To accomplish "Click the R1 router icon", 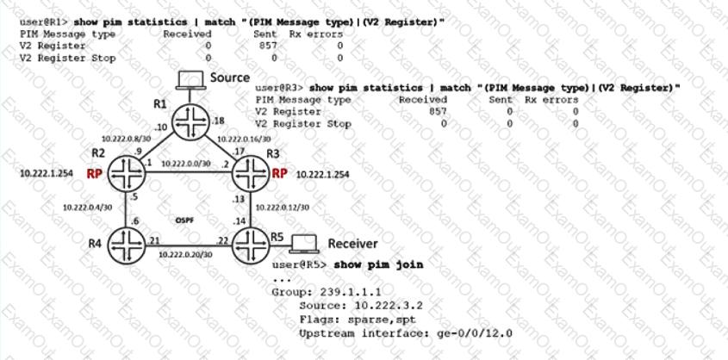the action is point(190,122).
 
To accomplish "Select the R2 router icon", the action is point(127,172).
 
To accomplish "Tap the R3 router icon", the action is point(251,173).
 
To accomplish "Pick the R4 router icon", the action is point(127,244).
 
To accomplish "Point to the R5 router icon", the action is point(251,244).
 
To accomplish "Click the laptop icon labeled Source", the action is point(190,80).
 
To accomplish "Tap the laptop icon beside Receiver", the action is point(304,244).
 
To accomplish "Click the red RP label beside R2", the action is point(94,173).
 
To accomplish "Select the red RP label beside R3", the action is point(279,173).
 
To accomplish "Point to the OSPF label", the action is point(184,220).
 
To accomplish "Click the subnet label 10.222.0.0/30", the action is point(186,164).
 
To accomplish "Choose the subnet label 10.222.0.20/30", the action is point(186,254).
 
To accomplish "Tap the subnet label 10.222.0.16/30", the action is point(244,139).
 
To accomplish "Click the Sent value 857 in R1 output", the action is point(268,46).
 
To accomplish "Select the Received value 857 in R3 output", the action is point(438,111).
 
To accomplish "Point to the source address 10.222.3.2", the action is point(389,306).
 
